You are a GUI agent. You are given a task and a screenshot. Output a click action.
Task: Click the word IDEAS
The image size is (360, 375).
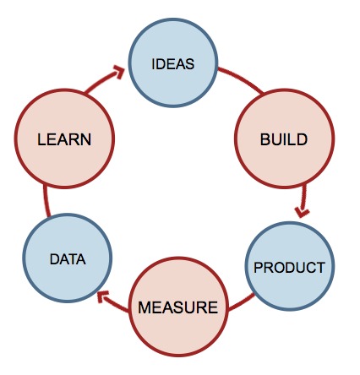tap(172, 64)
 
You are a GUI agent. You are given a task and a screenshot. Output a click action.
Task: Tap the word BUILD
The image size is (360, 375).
tap(284, 139)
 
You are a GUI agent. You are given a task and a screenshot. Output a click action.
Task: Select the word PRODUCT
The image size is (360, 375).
tap(289, 268)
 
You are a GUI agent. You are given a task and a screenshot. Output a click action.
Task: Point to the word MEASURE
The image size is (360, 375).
tap(177, 307)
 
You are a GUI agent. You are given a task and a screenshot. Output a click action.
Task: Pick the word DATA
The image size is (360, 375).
tap(68, 259)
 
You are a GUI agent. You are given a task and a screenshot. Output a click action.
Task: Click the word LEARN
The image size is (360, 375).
tap(64, 139)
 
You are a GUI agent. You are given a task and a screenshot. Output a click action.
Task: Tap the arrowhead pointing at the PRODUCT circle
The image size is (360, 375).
tap(302, 213)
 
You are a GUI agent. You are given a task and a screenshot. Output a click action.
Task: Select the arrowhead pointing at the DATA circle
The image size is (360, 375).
tap(102, 296)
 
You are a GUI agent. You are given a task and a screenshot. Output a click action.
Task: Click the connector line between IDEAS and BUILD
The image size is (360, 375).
tap(241, 79)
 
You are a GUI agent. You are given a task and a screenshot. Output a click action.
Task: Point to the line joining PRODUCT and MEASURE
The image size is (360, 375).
tap(241, 303)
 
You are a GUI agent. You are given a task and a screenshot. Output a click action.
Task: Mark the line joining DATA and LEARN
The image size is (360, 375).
tap(46, 200)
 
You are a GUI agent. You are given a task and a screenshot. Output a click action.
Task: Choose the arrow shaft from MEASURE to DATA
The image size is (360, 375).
tap(116, 304)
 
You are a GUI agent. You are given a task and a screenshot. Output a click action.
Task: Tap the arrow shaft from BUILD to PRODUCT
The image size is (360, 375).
tap(303, 198)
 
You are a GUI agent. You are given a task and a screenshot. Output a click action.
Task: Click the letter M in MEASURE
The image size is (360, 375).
tap(145, 307)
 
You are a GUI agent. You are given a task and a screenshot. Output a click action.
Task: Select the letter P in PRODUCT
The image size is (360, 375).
tap(258, 268)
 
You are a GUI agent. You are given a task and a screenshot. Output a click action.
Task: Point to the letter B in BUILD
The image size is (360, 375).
tap(265, 139)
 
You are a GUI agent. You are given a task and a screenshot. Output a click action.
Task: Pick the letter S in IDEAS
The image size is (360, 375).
tap(189, 64)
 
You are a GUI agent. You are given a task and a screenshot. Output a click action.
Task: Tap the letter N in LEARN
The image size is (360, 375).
tap(86, 139)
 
